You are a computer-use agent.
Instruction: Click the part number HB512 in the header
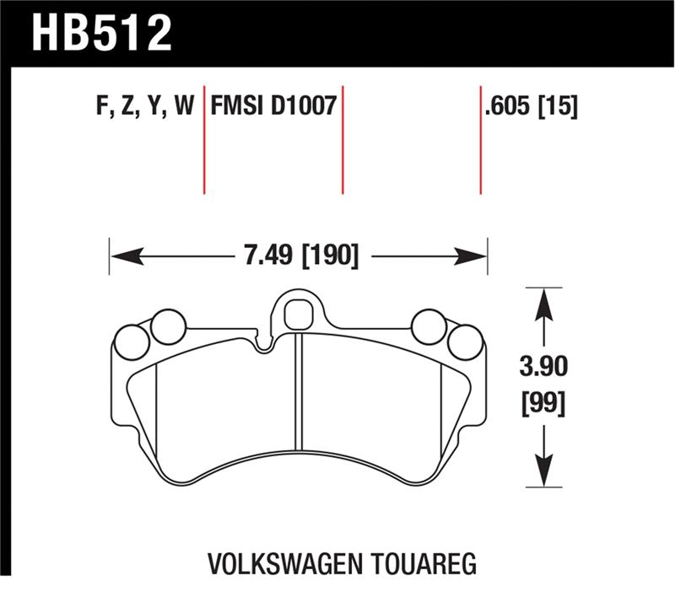click(x=100, y=34)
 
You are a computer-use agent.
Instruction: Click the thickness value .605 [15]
click(x=531, y=106)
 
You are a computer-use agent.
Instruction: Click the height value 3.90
click(x=543, y=368)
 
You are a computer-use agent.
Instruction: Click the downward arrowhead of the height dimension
click(x=544, y=477)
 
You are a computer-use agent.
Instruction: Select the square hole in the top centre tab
click(x=297, y=315)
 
